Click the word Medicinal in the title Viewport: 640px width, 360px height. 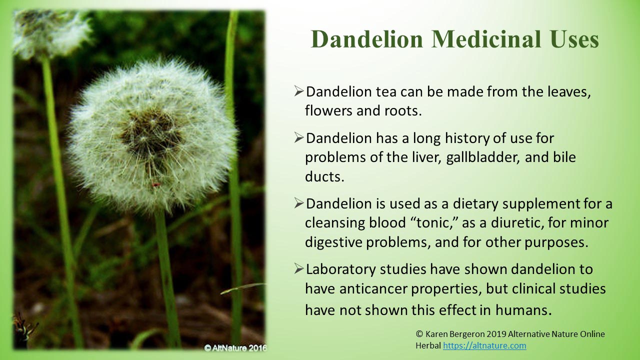(486, 39)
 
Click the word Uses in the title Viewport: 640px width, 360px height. (573, 39)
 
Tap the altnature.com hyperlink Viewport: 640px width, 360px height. (484, 345)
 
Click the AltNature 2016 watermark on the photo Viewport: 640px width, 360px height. (235, 347)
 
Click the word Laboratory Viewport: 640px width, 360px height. (340, 269)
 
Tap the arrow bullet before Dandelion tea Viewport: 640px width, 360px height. (298, 91)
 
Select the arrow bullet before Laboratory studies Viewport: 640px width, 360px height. (298, 269)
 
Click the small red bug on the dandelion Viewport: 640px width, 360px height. (156, 185)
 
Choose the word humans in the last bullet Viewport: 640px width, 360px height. (523, 310)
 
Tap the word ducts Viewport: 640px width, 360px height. (324, 176)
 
